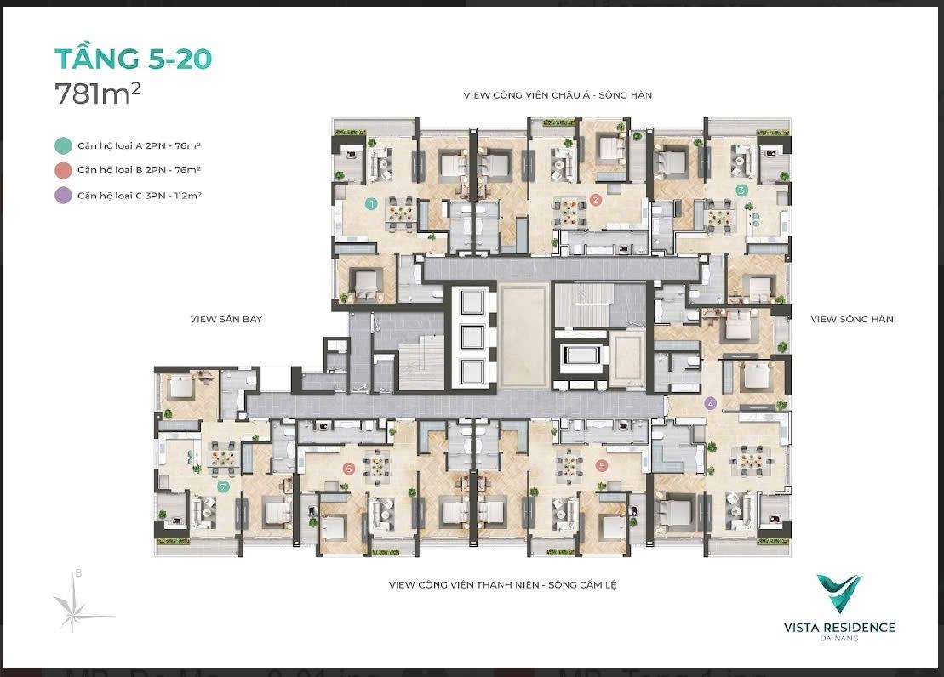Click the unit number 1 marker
[371, 203]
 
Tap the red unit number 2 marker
[595, 200]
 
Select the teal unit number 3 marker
[741, 191]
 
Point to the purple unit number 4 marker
[711, 403]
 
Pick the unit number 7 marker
[223, 486]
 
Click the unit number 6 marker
[348, 468]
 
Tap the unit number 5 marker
[601, 465]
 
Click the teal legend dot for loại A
[63, 145]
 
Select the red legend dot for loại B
[63, 170]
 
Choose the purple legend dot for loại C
[63, 196]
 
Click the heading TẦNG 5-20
[133, 59]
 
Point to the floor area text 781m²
[98, 94]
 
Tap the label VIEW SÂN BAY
[226, 320]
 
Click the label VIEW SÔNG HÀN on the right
[852, 320]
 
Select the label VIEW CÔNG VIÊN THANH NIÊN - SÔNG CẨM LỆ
[503, 584]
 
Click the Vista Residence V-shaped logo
[838, 594]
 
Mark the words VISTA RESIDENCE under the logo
[839, 628]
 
